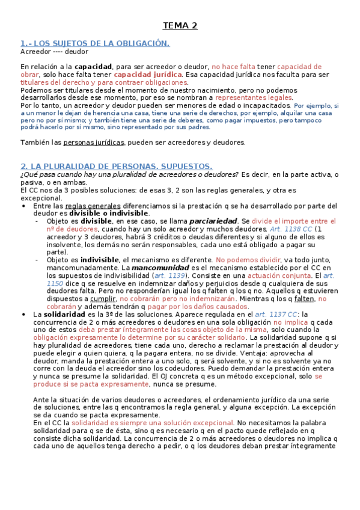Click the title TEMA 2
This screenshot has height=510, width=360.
180,26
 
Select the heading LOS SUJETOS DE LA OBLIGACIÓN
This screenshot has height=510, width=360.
95,43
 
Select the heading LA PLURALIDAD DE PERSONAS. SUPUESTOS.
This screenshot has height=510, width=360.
116,166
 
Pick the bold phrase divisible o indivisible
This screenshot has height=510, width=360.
108,214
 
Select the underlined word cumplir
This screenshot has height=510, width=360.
103,299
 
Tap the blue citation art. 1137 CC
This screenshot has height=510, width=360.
276,315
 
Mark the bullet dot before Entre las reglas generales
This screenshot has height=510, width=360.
23,206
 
